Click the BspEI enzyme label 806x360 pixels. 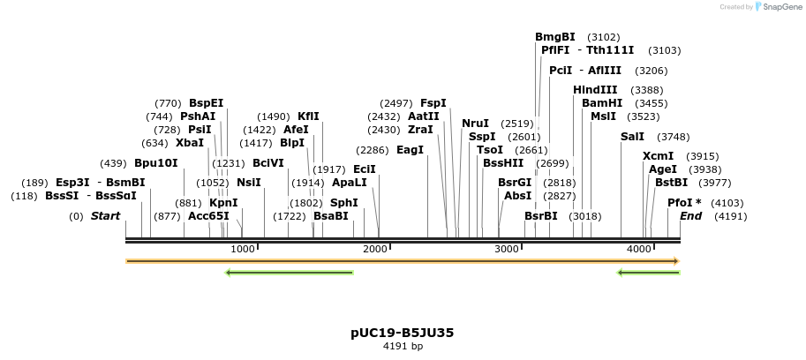coord(207,103)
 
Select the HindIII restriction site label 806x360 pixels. coord(595,90)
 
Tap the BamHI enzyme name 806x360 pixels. coord(602,103)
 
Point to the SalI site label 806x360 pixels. coord(632,137)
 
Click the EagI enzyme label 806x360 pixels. coord(411,150)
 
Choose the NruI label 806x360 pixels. coord(475,124)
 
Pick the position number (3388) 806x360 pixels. coord(647,90)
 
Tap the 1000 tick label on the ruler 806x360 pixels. coord(242,250)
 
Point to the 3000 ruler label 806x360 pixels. coord(507,250)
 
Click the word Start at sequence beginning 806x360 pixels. coord(105,216)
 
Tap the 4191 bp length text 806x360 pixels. coord(403,347)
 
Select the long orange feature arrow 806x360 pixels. coord(403,261)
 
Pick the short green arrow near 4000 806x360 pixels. coord(648,273)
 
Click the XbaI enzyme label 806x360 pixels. coord(190,143)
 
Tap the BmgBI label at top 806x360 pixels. coord(555,37)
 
